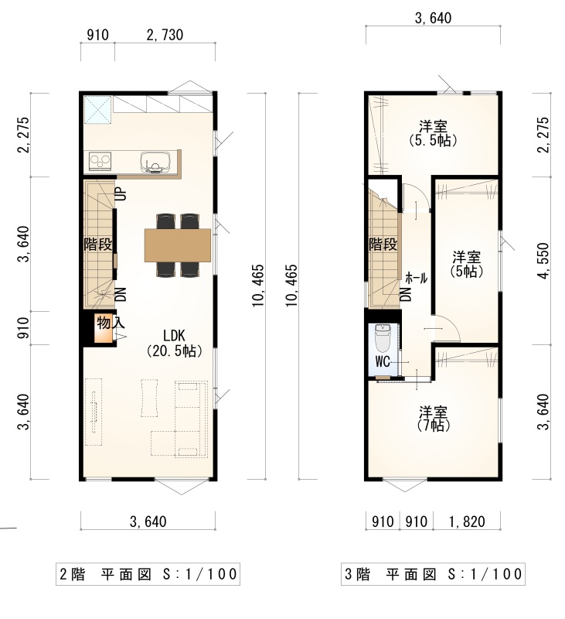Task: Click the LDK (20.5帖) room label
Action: (174, 344)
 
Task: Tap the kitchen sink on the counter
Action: (155, 162)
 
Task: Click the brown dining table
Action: (178, 245)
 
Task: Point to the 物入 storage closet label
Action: (111, 323)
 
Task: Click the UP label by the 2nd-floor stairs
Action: (122, 194)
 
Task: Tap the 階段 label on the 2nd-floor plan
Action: (98, 245)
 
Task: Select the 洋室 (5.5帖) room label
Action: (433, 133)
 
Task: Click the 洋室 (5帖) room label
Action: (466, 264)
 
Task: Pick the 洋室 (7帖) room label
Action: (433, 419)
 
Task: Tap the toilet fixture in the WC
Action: (382, 338)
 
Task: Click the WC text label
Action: (383, 361)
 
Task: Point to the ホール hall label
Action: (417, 279)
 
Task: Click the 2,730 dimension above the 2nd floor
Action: (165, 35)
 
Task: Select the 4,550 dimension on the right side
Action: (543, 261)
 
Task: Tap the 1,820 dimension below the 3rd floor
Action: (467, 522)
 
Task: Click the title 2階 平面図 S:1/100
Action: (148, 573)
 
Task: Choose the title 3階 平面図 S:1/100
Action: (433, 573)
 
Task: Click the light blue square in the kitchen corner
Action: (98, 109)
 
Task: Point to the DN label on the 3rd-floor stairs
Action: (407, 294)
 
